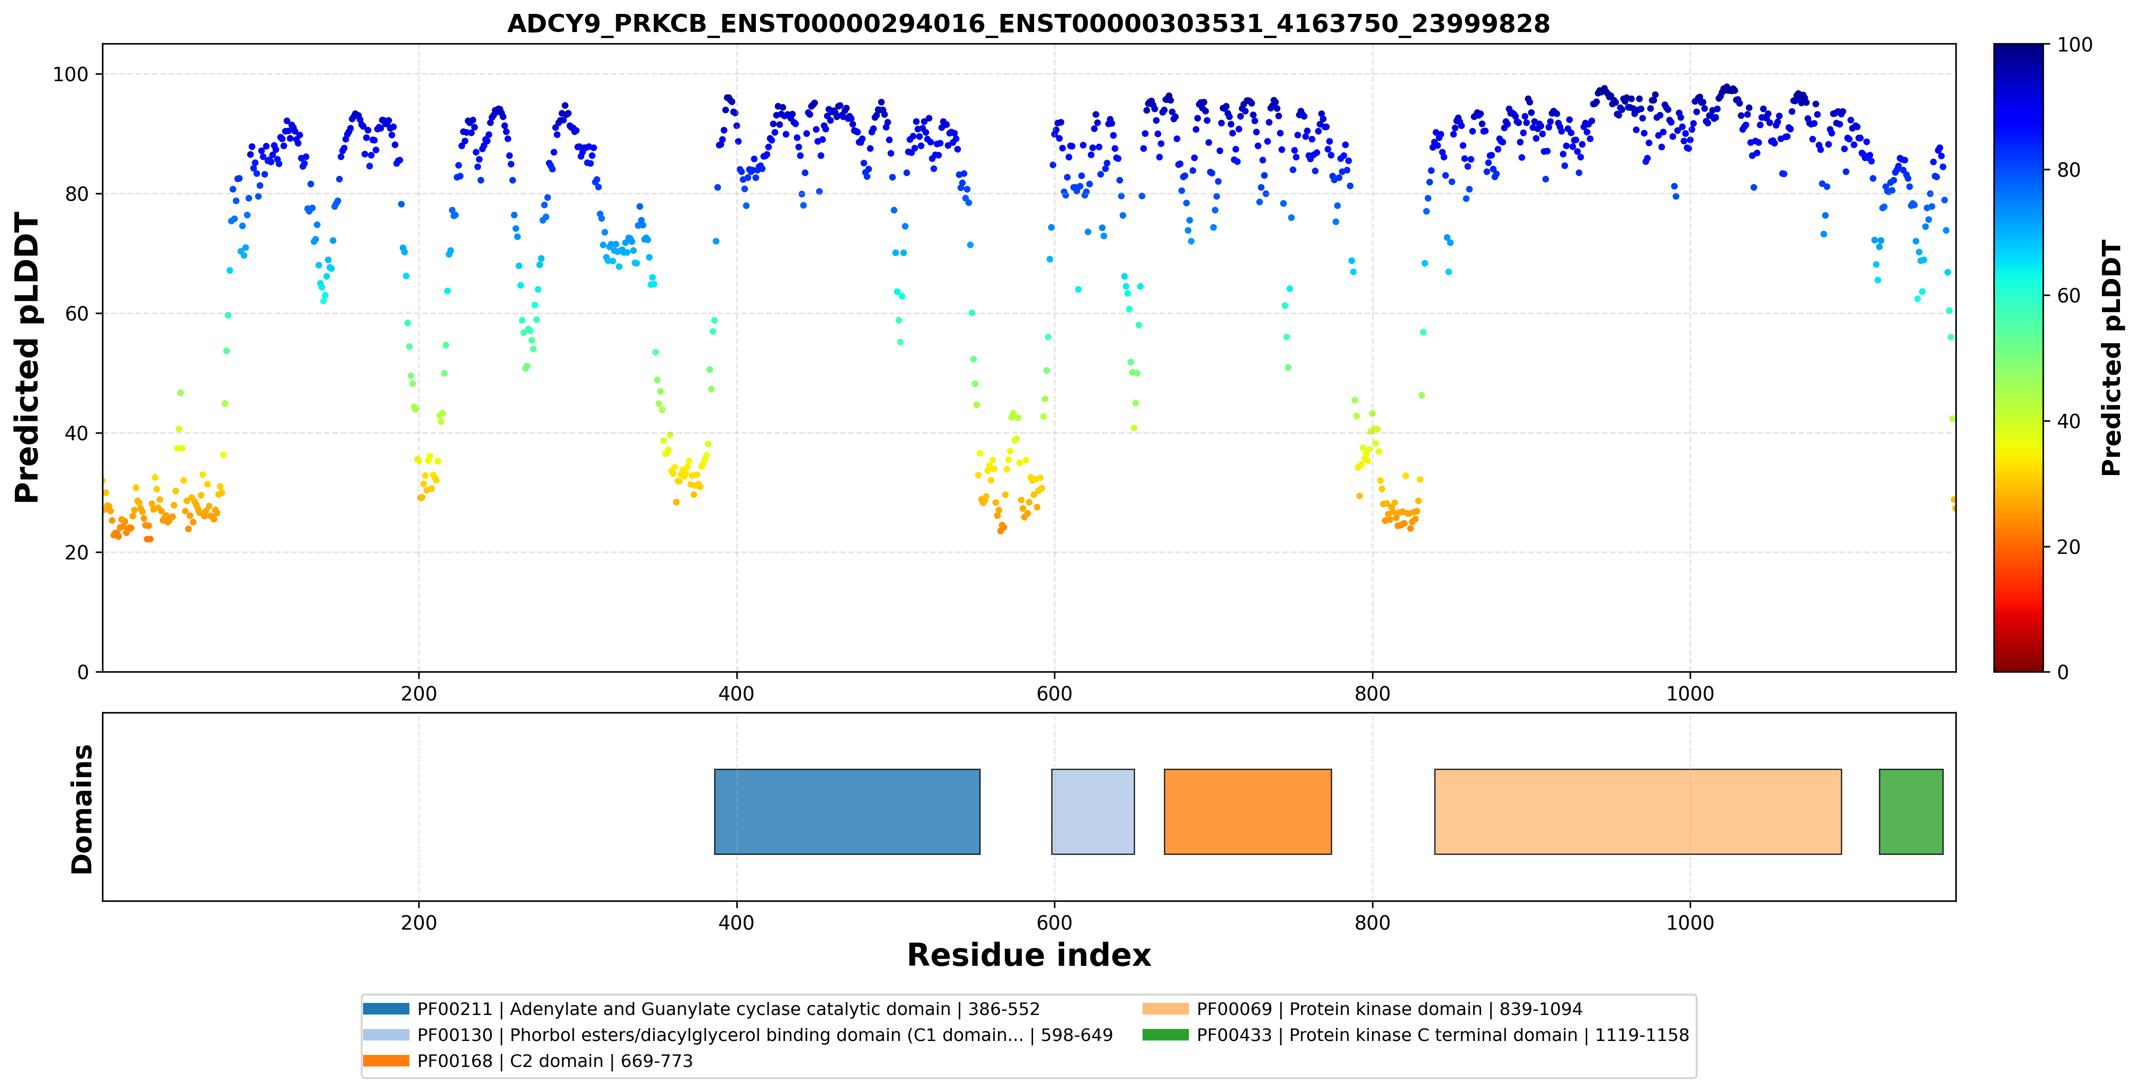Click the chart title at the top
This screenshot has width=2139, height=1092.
tap(1028, 23)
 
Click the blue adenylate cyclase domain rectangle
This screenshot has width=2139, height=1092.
tap(847, 811)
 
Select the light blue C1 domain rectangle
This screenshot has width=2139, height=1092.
tap(1093, 811)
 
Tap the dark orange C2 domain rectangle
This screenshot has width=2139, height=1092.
tap(1247, 811)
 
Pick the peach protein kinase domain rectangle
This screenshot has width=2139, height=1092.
tap(1637, 811)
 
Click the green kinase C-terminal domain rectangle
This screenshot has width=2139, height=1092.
tap(1911, 811)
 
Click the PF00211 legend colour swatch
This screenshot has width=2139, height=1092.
tap(386, 1009)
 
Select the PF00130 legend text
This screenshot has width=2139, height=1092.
tap(765, 1034)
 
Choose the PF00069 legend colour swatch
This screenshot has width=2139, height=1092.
tap(1165, 1009)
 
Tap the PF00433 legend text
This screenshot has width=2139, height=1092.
tap(1443, 1034)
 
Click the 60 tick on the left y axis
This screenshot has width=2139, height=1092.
tap(77, 314)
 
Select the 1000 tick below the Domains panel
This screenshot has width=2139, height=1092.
tap(1690, 923)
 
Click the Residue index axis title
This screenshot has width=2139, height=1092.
tap(1029, 955)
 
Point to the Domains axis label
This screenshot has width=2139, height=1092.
tap(82, 809)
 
